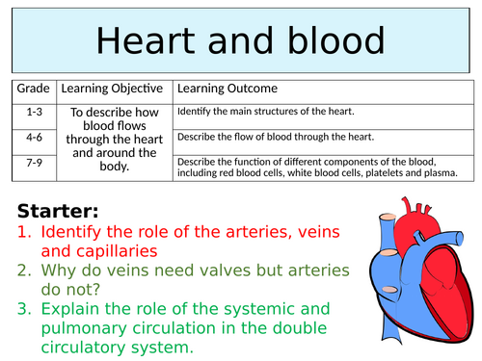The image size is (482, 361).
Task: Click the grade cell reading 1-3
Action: [x=33, y=113]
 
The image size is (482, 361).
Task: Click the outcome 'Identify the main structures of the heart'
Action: [x=271, y=113]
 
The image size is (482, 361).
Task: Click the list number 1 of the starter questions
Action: [x=23, y=233]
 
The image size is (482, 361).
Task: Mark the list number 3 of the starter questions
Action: [x=23, y=308]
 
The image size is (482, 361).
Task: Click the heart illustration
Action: [x=415, y=270]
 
